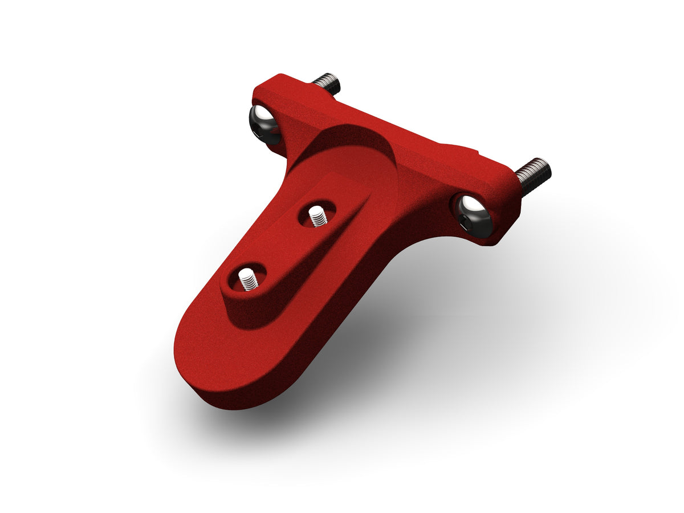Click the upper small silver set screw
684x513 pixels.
[316, 216]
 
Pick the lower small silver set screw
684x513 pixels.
[247, 279]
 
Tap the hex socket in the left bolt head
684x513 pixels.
[261, 133]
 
